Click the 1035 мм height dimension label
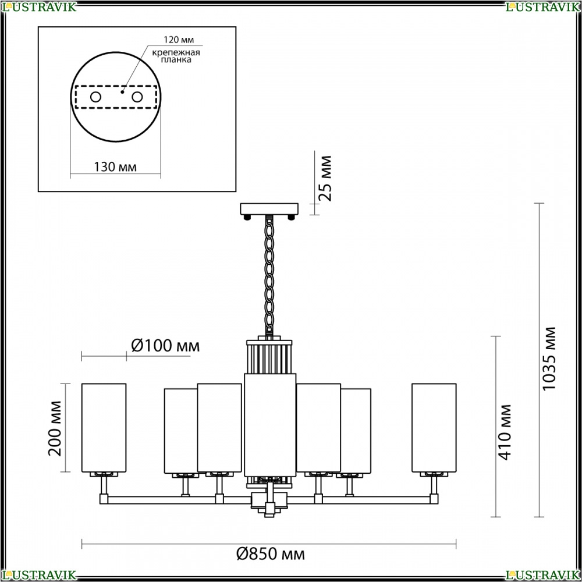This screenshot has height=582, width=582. tap(549, 359)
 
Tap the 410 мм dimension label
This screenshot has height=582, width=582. tap(505, 432)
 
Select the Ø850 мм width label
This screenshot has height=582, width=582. tap(271, 554)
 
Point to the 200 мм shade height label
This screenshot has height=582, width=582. tap(55, 428)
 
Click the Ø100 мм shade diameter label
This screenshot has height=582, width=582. tap(165, 346)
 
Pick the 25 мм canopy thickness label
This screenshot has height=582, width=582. tap(325, 179)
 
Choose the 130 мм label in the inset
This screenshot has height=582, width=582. tap(115, 167)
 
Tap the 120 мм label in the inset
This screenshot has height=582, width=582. tap(179, 40)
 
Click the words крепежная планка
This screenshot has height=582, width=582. tap(176, 56)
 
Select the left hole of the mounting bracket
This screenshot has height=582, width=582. tap(96, 97)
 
